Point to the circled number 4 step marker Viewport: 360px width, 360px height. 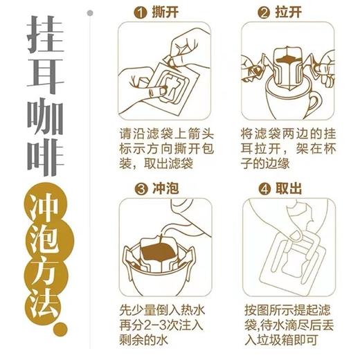(x=264, y=188)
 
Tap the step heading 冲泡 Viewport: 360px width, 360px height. (x=165, y=188)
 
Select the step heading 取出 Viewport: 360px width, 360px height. (x=289, y=188)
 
